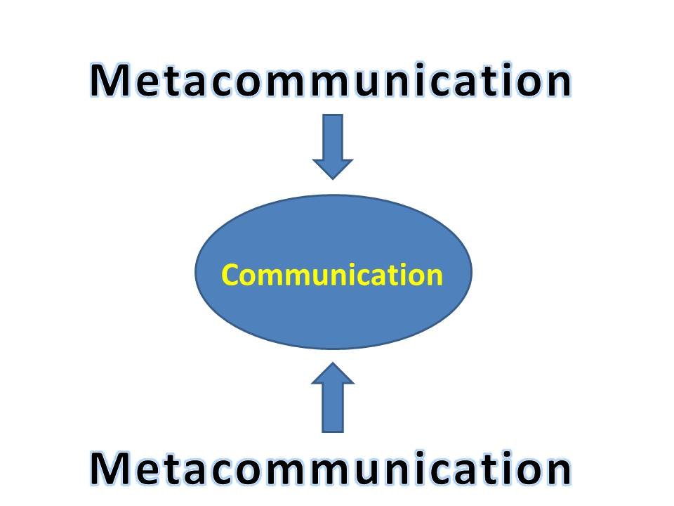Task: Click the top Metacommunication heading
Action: [x=330, y=82]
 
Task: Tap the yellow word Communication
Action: [x=332, y=275]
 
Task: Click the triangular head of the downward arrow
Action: [x=333, y=168]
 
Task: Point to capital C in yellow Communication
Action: [x=230, y=275]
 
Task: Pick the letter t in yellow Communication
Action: [x=399, y=275]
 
